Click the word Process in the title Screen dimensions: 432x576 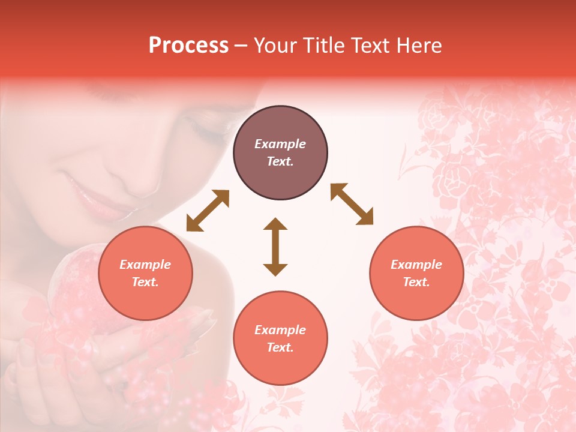pyautogui.click(x=188, y=46)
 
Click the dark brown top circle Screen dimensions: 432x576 pyautogui.click(x=280, y=153)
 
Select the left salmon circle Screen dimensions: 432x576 pyautogui.click(x=145, y=273)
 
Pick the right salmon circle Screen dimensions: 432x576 pyautogui.click(x=416, y=273)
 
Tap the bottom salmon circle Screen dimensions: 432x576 pyautogui.click(x=280, y=338)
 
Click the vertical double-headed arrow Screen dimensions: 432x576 pyautogui.click(x=275, y=247)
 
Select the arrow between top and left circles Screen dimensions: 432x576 pyautogui.click(x=208, y=211)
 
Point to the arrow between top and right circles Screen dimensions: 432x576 pyautogui.click(x=352, y=204)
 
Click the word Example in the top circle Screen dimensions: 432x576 pyautogui.click(x=280, y=144)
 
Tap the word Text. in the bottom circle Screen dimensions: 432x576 pyautogui.click(x=280, y=347)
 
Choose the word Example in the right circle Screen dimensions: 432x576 pyautogui.click(x=416, y=265)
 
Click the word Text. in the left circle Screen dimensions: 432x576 pyautogui.click(x=145, y=282)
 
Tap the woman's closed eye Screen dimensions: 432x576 pyautogui.click(x=204, y=129)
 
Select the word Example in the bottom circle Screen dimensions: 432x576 pyautogui.click(x=280, y=330)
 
